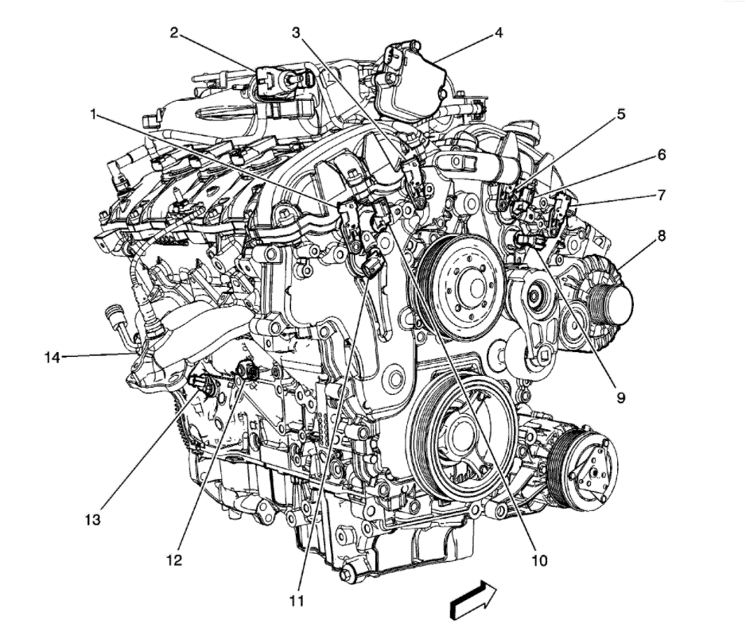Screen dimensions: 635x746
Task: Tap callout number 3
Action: [x=296, y=33]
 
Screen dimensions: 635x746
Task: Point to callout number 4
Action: [x=499, y=33]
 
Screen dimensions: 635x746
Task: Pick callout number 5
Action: [x=620, y=114]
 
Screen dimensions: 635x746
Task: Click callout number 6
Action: [x=661, y=155]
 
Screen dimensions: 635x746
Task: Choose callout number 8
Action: [x=661, y=235]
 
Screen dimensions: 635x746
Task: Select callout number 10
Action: [x=539, y=560]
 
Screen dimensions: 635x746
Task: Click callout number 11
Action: [x=296, y=600]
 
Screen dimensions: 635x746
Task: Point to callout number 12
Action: [x=173, y=560]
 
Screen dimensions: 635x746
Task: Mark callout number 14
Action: [x=52, y=357]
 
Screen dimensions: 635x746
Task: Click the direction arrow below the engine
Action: [x=474, y=598]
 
